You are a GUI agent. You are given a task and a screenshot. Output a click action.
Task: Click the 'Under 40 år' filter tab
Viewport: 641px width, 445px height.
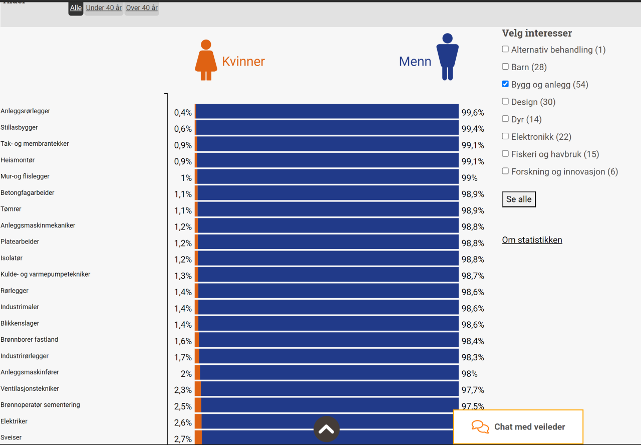104,8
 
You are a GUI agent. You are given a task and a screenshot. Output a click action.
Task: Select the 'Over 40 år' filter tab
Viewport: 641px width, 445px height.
142,8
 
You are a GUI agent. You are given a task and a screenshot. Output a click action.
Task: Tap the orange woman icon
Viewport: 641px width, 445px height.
206,60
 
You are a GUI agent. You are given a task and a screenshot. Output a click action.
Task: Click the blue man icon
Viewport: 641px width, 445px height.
447,57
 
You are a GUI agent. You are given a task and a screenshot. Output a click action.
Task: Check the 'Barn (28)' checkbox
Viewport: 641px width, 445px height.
505,66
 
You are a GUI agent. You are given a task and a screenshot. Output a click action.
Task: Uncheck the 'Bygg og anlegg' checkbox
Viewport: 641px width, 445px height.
505,84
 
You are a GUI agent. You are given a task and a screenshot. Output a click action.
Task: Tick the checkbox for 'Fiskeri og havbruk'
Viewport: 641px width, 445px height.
505,153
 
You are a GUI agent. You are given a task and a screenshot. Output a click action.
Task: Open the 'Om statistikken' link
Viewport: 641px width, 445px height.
532,240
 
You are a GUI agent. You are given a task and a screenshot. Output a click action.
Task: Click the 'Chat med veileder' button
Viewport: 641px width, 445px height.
518,427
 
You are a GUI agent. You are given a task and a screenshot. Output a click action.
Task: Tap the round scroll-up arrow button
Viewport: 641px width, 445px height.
327,429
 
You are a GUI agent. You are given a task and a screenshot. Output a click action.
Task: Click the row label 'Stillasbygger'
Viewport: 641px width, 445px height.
19,127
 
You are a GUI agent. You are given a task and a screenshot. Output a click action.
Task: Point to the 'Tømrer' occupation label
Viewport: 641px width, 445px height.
11,209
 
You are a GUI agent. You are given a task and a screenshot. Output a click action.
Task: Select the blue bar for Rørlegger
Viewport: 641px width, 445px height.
328,291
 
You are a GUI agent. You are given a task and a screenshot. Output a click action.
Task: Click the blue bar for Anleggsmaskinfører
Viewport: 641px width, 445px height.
329,373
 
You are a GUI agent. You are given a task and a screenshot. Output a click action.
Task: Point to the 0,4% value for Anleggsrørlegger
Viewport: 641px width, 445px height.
183,113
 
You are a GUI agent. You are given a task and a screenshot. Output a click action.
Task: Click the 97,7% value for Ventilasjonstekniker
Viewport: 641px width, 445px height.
473,390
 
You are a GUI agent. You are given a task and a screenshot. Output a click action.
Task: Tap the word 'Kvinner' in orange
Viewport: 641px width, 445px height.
243,62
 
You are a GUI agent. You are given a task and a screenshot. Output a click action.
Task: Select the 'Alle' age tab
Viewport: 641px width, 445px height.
76,8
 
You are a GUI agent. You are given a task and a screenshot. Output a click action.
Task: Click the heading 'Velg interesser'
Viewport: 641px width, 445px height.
537,34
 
